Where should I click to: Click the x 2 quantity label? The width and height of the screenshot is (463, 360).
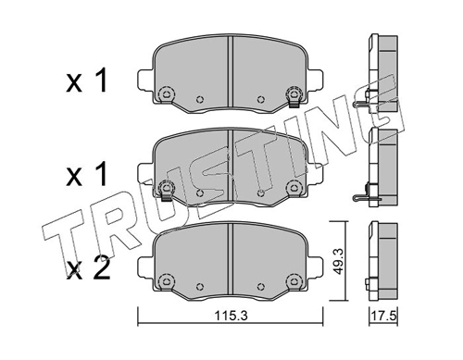[x=90, y=268]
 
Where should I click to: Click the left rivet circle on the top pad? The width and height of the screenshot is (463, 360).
[x=168, y=93]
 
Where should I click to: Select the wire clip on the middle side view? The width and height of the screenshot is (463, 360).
[x=368, y=196]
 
